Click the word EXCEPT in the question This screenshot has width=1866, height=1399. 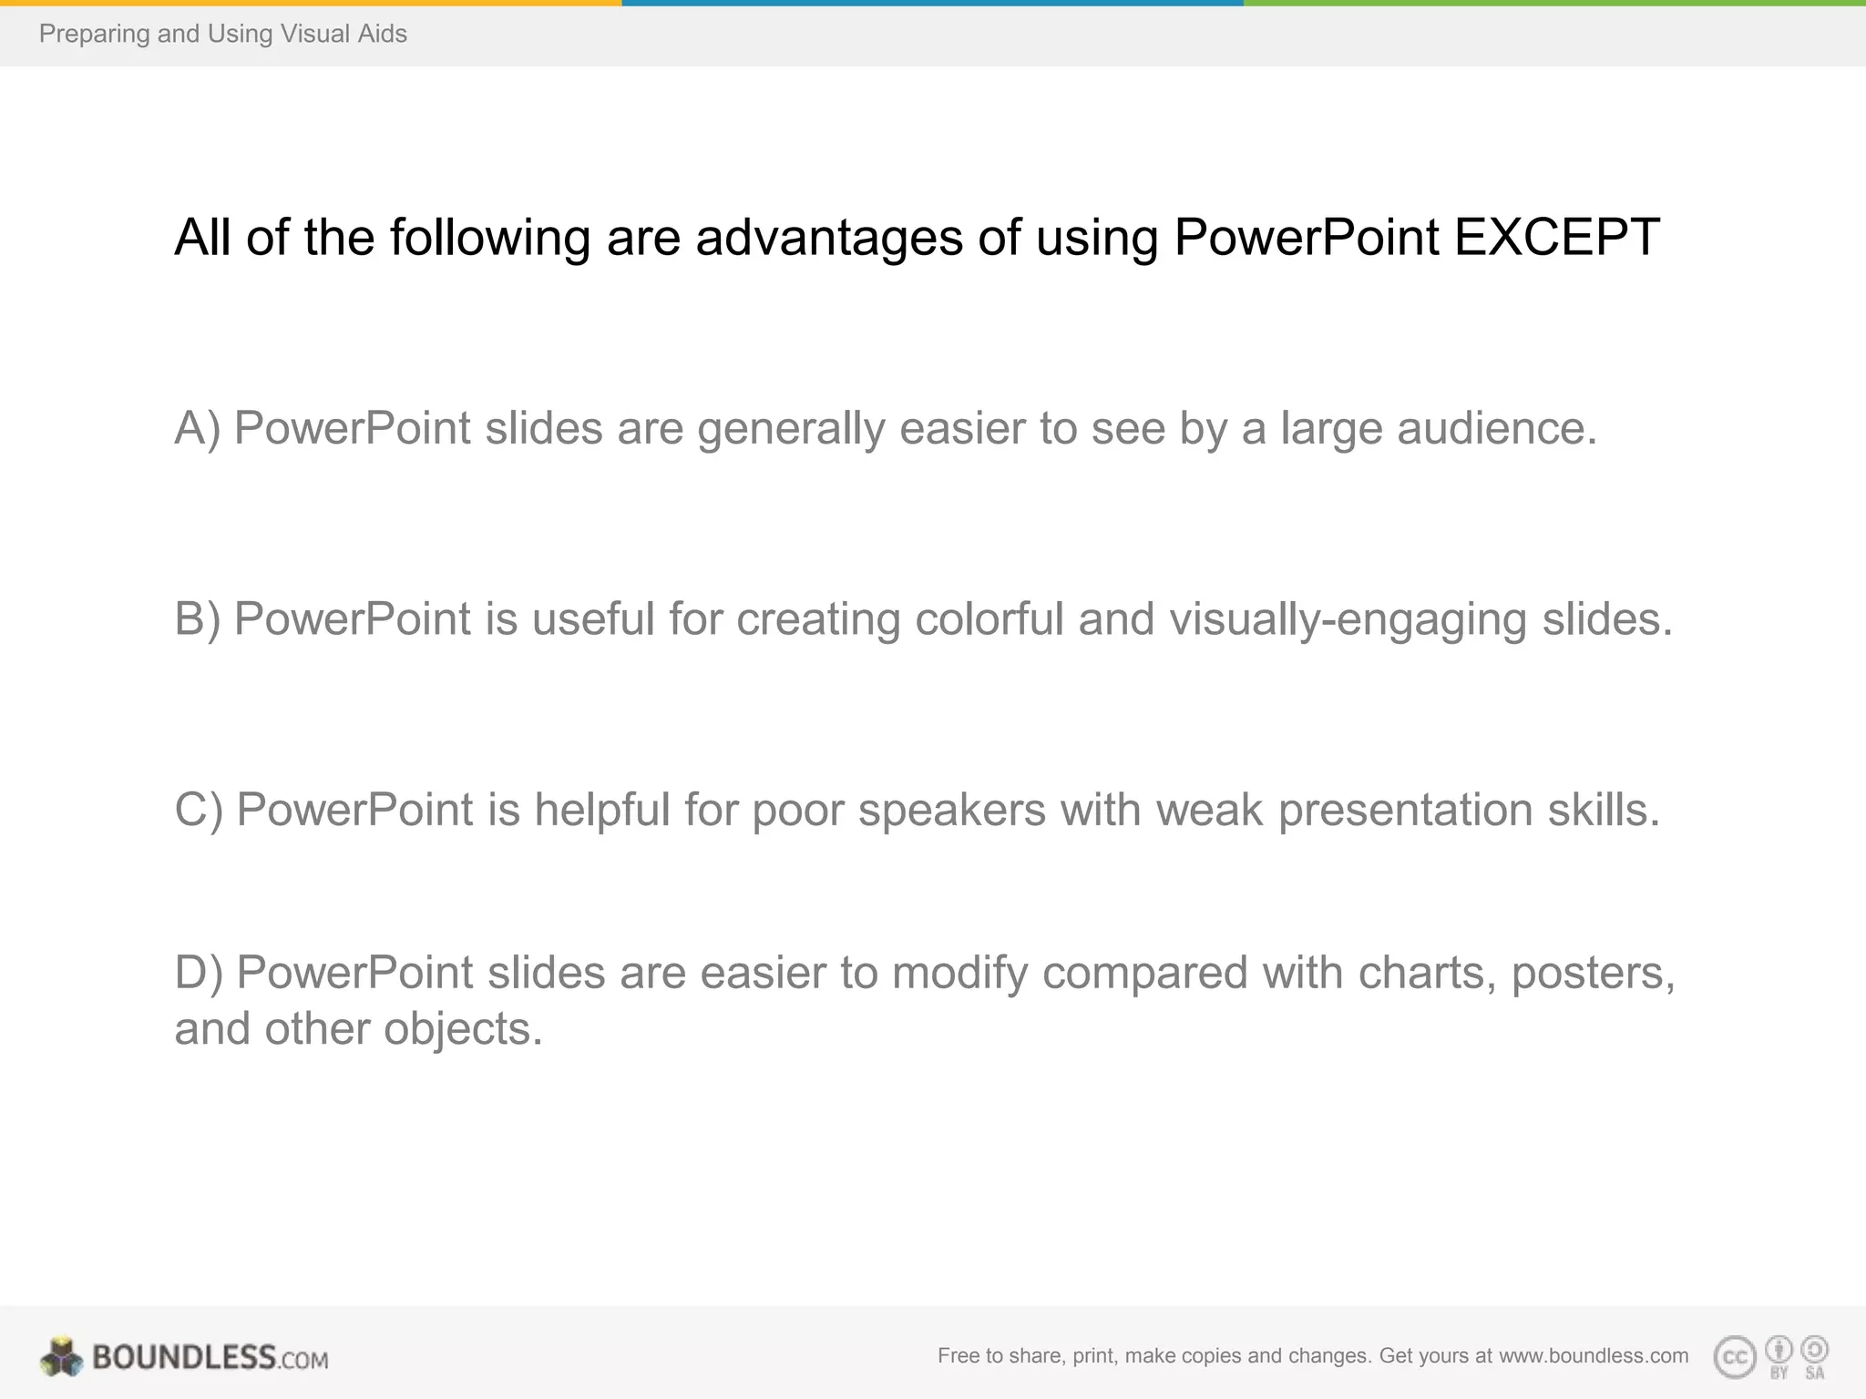coord(1556,238)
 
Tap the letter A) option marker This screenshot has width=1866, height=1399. coord(197,428)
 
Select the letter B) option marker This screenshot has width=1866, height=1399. coord(197,619)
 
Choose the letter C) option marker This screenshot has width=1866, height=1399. coord(199,810)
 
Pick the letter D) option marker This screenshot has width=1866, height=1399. coord(199,973)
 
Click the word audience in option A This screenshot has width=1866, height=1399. coord(1497,428)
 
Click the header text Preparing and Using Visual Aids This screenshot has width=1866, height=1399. coord(223,34)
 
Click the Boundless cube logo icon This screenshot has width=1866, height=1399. coord(62,1357)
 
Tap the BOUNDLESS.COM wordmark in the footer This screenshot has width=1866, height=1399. coord(210,1358)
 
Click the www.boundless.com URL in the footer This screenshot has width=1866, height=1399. coord(1594,1356)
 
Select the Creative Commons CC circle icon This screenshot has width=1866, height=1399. coord(1734,1358)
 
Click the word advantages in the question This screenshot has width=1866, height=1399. coord(829,239)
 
